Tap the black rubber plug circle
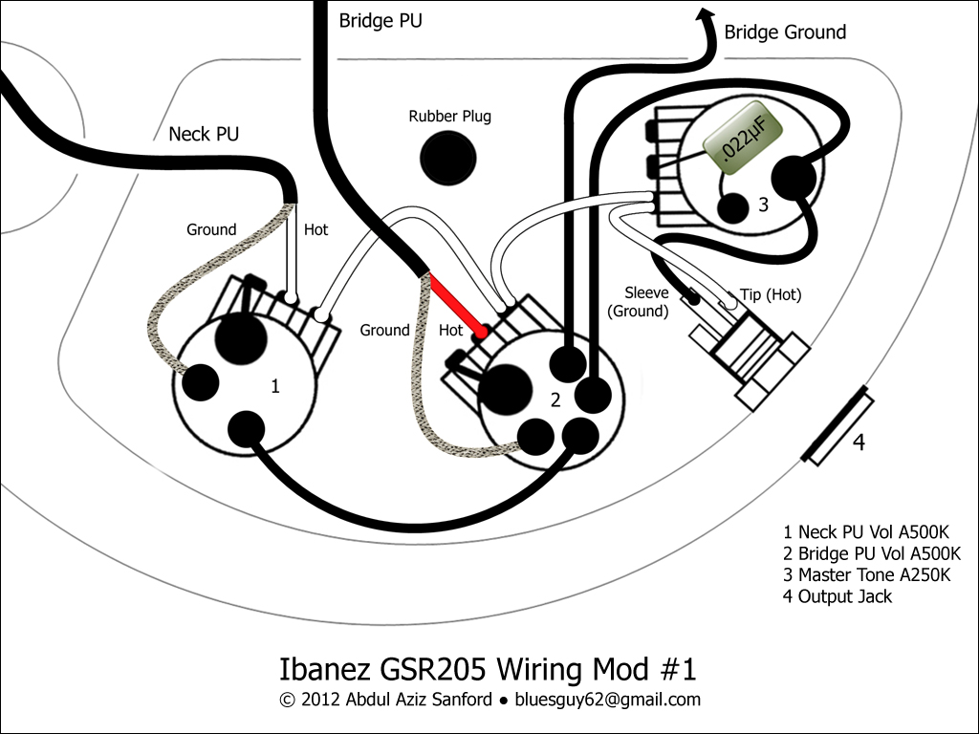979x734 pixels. click(448, 158)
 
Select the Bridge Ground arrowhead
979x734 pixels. click(707, 15)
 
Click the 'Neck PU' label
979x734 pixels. click(205, 134)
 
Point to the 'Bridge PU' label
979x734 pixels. click(381, 21)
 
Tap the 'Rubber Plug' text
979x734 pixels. click(449, 116)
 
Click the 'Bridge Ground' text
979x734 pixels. click(785, 32)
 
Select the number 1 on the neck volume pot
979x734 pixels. click(274, 386)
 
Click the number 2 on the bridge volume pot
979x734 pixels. click(555, 400)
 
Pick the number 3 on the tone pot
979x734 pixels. click(763, 205)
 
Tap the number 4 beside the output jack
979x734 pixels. click(859, 442)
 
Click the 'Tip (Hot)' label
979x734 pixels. click(771, 294)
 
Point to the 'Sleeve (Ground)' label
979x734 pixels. click(638, 301)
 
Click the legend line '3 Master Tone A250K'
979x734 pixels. click(866, 574)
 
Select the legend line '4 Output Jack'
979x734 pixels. click(838, 596)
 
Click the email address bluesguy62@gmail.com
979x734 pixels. click(607, 700)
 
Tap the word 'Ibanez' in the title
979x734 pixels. click(323, 669)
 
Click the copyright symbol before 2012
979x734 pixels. click(287, 700)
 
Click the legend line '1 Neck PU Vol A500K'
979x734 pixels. click(866, 531)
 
